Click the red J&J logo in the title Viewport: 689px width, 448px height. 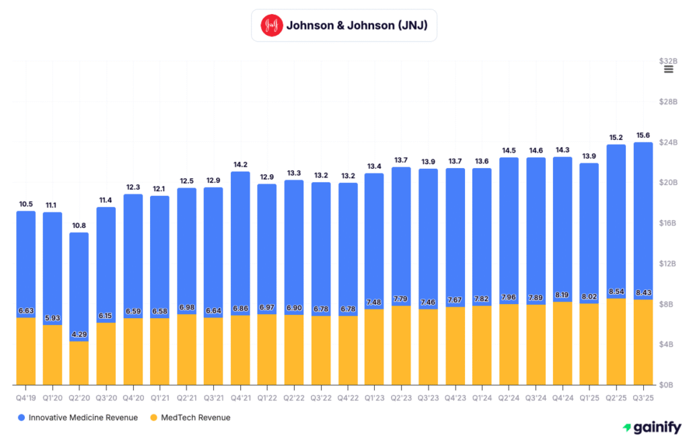click(271, 26)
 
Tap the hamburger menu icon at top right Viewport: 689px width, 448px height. click(668, 69)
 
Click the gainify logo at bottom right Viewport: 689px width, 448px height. click(651, 427)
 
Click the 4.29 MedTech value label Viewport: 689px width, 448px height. click(79, 334)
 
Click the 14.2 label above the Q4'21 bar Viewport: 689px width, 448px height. click(240, 164)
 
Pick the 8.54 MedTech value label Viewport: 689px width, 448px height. click(616, 291)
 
